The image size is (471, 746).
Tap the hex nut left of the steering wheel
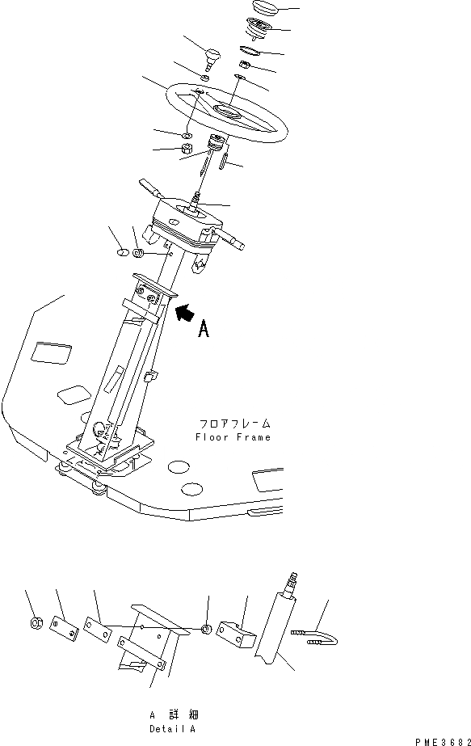(183, 150)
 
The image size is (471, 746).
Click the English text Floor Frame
(233, 437)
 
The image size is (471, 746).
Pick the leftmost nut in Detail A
(36, 622)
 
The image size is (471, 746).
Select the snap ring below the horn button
(251, 50)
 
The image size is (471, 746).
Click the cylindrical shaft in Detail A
(273, 630)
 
